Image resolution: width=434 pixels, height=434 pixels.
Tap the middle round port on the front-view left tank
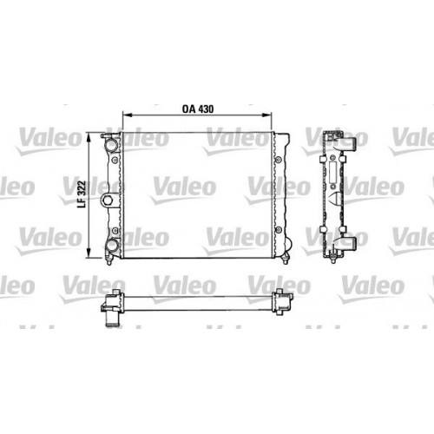click(x=108, y=201)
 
